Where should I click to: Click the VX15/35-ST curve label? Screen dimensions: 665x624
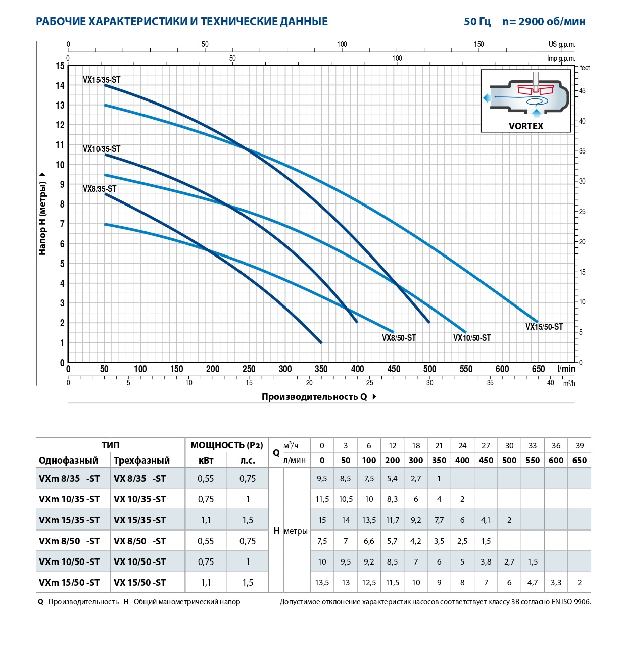point(102,80)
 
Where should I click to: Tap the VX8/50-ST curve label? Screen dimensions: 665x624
point(399,338)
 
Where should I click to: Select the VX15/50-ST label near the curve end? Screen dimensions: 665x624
point(544,327)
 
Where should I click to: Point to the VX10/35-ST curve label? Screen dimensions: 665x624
point(102,149)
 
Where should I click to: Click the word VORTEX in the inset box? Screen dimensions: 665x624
point(525,126)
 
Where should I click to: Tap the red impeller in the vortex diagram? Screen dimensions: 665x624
point(536,90)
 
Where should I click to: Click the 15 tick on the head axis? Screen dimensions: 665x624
point(60,66)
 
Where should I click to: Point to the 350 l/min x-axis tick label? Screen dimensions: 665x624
point(321,369)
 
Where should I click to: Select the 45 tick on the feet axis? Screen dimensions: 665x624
point(582,91)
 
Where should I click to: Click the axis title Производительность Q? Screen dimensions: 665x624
point(314,397)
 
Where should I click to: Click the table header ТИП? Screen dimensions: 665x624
point(110,445)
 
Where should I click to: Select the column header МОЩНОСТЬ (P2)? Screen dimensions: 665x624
point(226,445)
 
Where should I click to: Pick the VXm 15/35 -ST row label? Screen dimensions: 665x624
point(69,520)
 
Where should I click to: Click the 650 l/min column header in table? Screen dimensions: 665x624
point(579,461)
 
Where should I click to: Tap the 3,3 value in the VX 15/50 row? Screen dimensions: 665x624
point(556,583)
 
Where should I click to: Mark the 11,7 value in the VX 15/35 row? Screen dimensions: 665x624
point(392,520)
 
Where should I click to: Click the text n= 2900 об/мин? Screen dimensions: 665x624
point(544,22)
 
